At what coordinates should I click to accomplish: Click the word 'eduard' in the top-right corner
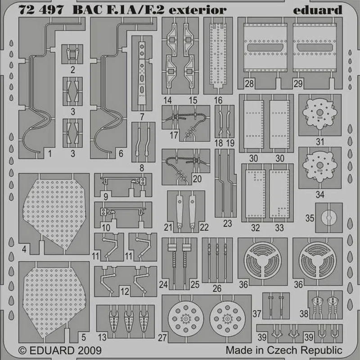click(318, 10)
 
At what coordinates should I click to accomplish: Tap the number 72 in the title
click(27, 10)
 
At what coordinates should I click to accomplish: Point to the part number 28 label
click(249, 84)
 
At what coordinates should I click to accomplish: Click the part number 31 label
click(320, 142)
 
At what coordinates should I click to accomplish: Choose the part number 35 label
click(310, 218)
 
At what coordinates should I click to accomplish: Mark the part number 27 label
click(162, 338)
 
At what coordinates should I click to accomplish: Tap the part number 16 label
click(218, 100)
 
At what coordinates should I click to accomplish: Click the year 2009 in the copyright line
click(89, 351)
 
